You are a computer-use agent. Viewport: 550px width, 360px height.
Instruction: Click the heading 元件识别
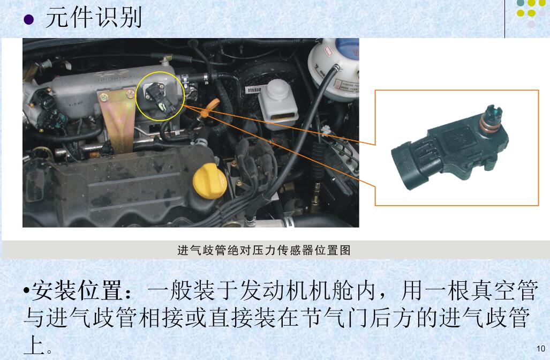93,18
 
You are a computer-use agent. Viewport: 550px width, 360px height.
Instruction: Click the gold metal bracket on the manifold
116,116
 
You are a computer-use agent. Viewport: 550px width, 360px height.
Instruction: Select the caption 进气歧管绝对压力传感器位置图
263,250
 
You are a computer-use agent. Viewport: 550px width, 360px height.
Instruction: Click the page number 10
540,349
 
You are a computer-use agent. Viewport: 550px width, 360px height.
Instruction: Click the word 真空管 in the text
502,291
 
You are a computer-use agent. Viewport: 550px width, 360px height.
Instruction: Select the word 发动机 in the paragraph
268,291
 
